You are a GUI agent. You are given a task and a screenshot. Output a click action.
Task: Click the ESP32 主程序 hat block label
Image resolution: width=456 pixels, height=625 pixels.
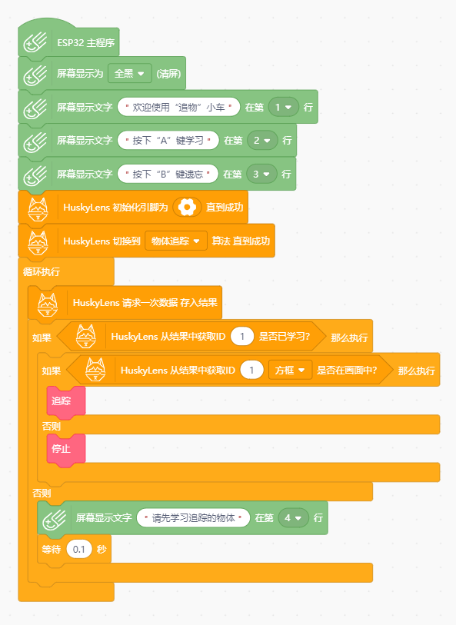pos(85,42)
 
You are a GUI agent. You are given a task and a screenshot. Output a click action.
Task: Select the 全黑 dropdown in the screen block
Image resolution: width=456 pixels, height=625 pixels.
pos(130,73)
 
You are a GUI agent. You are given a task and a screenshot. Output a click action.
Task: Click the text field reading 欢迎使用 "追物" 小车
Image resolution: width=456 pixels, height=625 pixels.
pos(178,107)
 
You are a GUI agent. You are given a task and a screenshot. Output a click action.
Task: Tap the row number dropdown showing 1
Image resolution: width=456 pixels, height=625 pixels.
pos(284,107)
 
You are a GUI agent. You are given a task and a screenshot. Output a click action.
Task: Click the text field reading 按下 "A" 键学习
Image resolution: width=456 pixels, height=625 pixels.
pos(168,141)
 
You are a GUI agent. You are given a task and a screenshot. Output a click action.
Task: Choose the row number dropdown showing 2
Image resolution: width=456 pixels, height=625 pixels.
pos(262,141)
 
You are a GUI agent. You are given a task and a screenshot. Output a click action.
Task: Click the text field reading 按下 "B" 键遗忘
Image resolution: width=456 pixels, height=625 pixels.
pos(168,175)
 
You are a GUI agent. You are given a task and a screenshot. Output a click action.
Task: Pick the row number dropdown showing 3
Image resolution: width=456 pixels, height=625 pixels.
pos(261,175)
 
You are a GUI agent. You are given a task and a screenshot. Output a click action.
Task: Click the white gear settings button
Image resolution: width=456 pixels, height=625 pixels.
pos(187,208)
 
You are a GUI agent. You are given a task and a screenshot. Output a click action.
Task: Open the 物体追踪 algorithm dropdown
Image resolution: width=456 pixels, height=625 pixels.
pos(176,241)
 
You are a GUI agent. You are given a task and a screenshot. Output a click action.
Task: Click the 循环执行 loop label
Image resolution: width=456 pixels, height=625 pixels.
pos(42,272)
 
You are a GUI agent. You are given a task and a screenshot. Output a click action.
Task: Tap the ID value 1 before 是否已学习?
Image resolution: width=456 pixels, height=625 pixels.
pos(242,337)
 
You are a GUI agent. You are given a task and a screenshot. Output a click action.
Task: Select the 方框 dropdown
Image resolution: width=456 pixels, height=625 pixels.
pos(290,371)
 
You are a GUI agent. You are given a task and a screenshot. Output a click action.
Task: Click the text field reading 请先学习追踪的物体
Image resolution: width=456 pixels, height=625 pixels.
pos(193,518)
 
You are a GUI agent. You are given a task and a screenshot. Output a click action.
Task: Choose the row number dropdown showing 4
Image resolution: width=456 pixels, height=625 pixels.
pos(294,518)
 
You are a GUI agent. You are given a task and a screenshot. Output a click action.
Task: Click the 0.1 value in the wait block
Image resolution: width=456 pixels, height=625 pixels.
pos(79,549)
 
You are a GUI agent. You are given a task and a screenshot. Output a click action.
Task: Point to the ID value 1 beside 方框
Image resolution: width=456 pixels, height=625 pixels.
pos(251,371)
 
